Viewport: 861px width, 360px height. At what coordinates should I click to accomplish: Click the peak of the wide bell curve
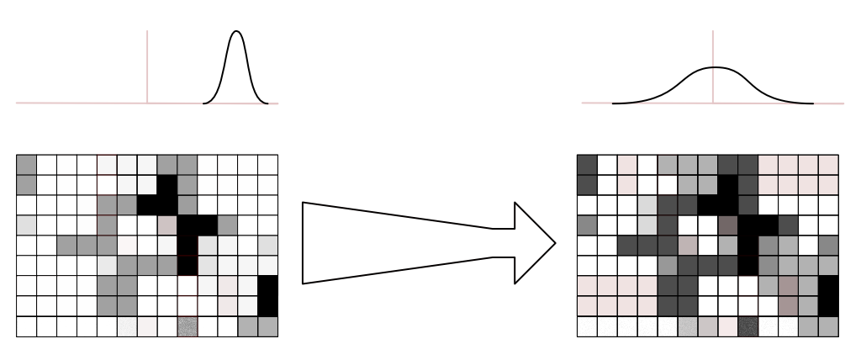point(714,67)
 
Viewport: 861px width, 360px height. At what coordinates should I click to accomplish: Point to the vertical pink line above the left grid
point(148,67)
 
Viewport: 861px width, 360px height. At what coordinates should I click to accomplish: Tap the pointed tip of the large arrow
point(556,243)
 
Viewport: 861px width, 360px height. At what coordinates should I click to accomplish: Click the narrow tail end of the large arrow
point(304,243)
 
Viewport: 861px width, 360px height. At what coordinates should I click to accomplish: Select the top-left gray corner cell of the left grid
point(26,164)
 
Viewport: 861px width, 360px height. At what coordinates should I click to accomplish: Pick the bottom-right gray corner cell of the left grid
point(267,326)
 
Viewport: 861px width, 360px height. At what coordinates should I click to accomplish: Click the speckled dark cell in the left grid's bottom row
point(187,326)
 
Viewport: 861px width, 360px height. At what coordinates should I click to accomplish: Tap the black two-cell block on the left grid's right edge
point(267,295)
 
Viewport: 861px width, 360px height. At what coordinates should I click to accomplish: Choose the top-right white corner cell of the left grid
point(267,164)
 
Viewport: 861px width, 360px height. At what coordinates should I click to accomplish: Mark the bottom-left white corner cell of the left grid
point(26,326)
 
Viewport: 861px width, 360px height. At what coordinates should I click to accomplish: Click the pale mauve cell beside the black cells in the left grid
point(167,225)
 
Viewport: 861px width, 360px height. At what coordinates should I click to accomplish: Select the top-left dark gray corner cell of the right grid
point(587,164)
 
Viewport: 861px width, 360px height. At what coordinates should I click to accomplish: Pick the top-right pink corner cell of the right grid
point(829,164)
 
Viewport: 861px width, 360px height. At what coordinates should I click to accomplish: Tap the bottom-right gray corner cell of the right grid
point(829,326)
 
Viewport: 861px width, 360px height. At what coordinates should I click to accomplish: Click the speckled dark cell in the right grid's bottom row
point(748,326)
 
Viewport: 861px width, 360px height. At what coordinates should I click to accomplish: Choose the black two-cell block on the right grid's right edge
point(829,295)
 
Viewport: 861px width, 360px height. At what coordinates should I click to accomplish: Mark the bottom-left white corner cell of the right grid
point(587,326)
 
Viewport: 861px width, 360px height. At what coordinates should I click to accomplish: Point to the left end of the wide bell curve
point(614,103)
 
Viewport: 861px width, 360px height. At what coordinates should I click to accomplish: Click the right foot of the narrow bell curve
point(267,104)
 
